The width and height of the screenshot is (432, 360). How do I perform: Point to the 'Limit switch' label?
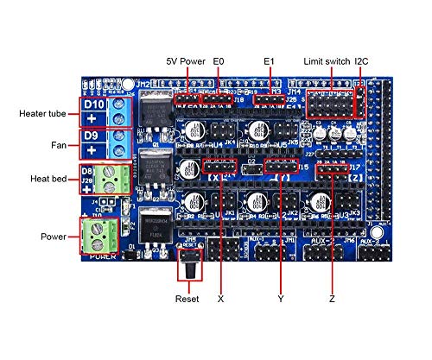tap(326, 61)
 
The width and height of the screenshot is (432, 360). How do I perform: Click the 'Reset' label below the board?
tap(187, 299)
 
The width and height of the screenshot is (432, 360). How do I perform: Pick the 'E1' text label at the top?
tap(269, 61)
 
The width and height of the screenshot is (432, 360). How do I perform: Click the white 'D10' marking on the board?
tap(93, 104)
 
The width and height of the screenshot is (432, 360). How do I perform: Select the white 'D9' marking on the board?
tap(93, 136)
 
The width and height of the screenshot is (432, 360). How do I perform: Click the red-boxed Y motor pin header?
tap(279, 166)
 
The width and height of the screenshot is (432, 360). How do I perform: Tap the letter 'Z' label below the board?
tap(332, 299)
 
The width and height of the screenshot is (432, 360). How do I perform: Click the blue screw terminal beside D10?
tap(122, 111)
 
